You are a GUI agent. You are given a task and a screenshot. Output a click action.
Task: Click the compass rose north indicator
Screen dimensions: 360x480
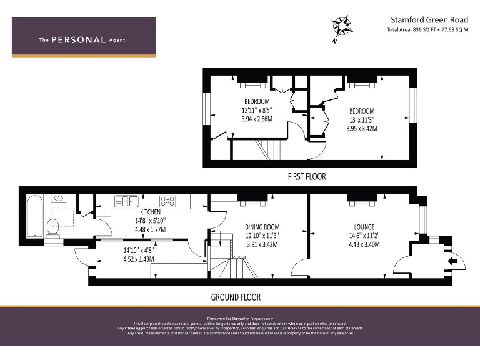click(x=341, y=27)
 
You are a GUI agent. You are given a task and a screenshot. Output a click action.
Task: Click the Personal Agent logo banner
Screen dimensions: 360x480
click(x=84, y=38)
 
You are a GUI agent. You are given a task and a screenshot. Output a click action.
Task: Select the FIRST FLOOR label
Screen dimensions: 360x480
click(x=306, y=176)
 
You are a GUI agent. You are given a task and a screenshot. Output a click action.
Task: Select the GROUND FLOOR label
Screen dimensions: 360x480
click(x=236, y=297)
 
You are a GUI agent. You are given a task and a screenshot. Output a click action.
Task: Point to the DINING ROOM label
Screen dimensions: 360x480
click(x=262, y=227)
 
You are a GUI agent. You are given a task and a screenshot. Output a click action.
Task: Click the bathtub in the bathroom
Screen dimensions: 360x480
click(x=34, y=216)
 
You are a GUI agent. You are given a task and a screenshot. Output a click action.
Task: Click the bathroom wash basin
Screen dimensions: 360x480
click(x=59, y=199)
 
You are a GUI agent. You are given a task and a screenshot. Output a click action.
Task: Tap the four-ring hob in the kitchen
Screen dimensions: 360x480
click(x=167, y=201)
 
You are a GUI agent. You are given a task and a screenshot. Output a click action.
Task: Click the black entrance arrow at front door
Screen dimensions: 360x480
click(x=452, y=261)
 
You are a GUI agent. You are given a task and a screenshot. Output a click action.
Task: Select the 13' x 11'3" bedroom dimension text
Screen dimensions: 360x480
click(x=362, y=120)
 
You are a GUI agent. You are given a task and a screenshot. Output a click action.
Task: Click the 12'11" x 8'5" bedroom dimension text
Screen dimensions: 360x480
click(x=257, y=110)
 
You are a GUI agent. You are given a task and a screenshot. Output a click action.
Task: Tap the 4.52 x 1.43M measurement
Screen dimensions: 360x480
click(x=139, y=259)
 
